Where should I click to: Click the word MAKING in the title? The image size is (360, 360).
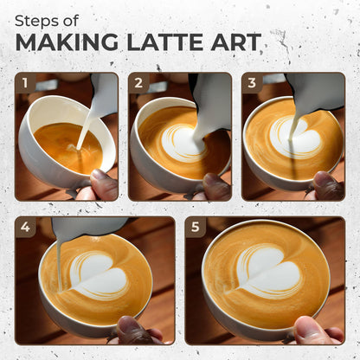[x=67, y=42]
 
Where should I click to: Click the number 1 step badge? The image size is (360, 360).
[x=25, y=83]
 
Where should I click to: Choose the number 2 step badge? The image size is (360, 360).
[x=138, y=83]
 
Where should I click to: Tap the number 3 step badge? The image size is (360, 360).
[x=252, y=83]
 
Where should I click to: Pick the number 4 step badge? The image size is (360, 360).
[x=25, y=227]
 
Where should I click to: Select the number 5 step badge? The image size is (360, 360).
[x=196, y=227]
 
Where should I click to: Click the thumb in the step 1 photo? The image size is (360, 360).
[x=103, y=184]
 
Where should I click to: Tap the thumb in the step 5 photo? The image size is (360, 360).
[x=310, y=330]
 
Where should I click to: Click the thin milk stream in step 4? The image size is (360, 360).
[x=59, y=266]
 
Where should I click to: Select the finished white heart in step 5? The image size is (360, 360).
[x=269, y=270]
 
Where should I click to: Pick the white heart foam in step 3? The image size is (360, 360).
[x=297, y=137]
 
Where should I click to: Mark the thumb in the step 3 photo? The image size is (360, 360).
[x=329, y=185]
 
